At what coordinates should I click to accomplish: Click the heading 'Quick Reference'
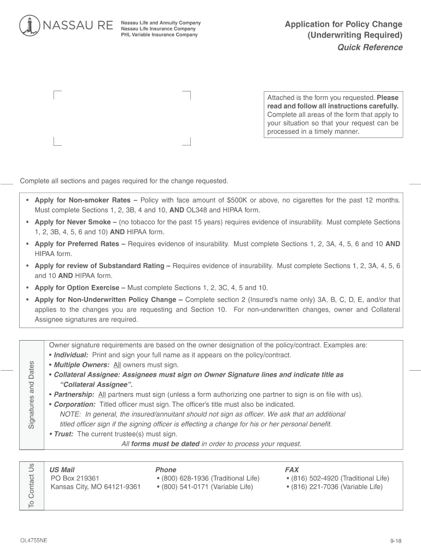coord(370,47)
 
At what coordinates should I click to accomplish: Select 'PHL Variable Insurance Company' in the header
coord(159,35)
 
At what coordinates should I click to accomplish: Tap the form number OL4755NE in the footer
coord(33,540)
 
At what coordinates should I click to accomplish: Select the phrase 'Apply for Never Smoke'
coord(72,222)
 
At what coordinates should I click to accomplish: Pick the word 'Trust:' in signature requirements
coord(64,434)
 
